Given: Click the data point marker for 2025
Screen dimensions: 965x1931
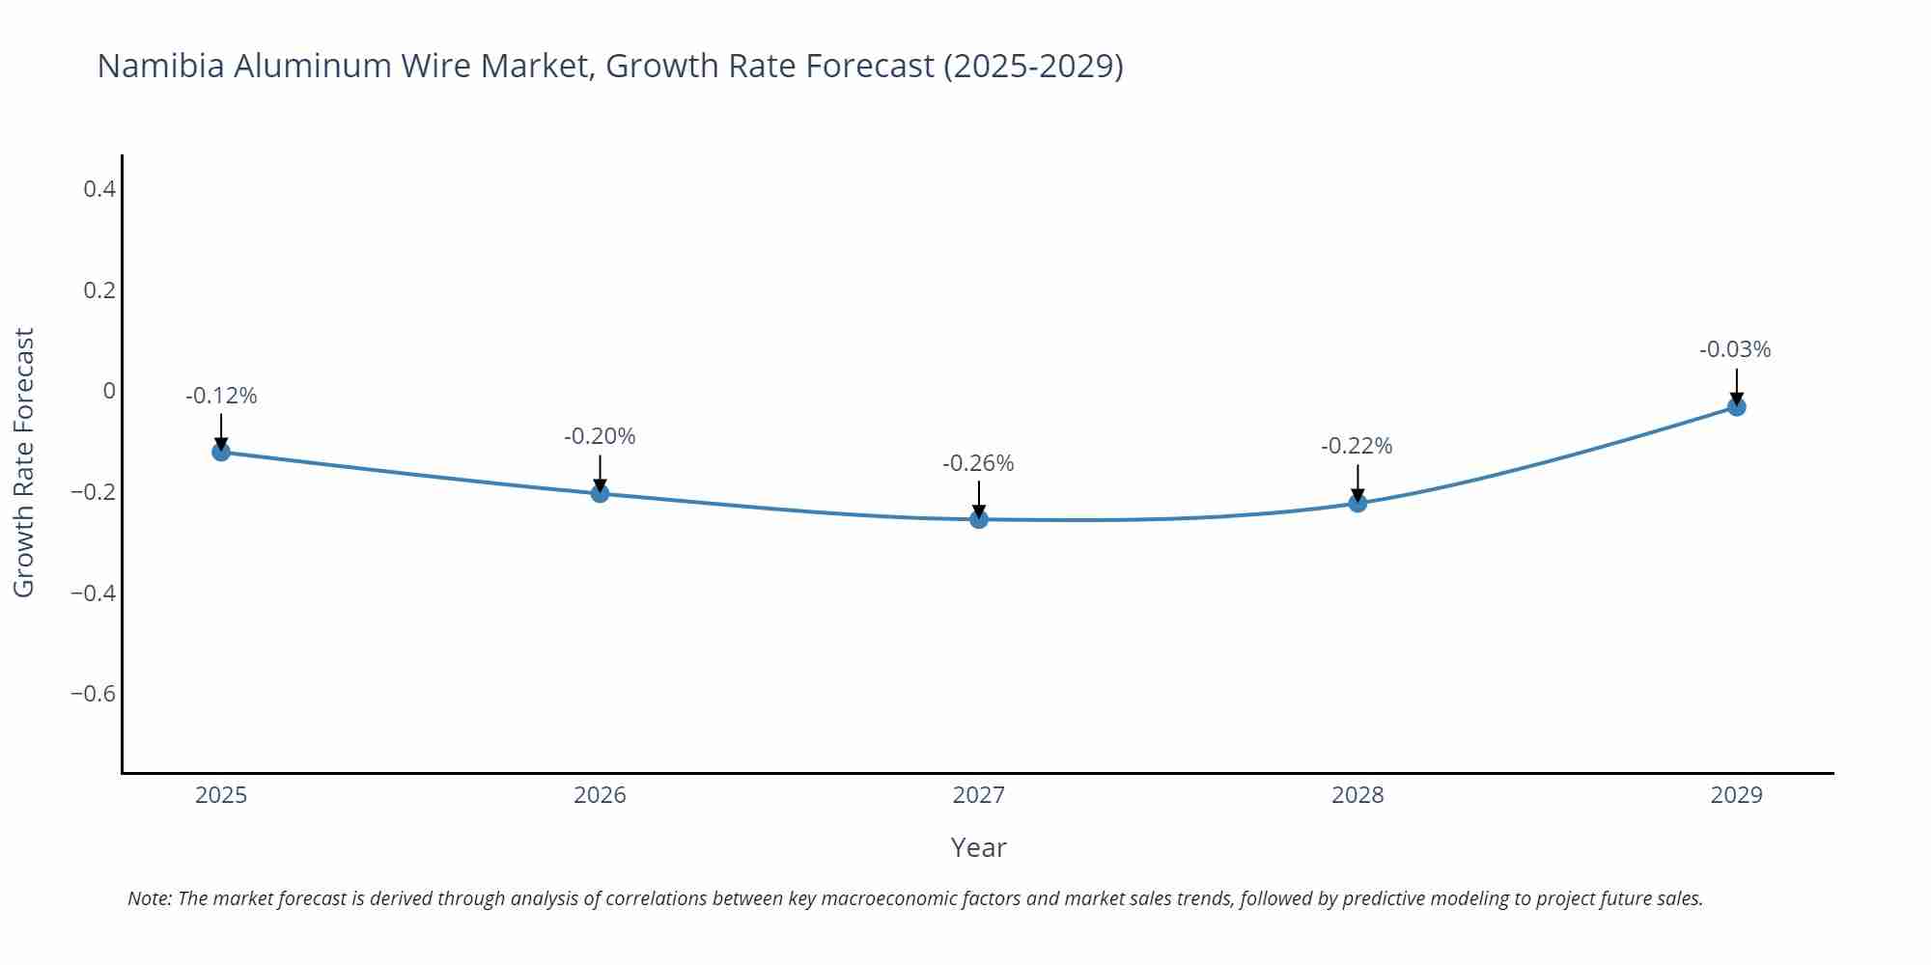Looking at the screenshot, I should pos(221,451).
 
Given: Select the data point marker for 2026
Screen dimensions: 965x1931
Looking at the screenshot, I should pos(600,493).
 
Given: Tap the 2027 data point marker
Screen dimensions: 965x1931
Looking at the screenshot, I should pos(979,519).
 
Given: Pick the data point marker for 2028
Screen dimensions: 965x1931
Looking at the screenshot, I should pos(1357,503).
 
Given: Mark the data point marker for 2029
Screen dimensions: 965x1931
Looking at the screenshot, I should pos(1736,406).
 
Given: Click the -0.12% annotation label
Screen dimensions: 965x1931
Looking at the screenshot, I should pos(221,396).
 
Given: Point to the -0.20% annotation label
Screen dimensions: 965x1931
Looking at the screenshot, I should pos(600,436).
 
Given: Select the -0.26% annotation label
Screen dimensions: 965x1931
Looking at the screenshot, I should pos(978,463).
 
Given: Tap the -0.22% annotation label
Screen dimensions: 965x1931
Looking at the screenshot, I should pos(1357,446).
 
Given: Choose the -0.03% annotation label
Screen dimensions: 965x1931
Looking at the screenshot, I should pos(1735,349).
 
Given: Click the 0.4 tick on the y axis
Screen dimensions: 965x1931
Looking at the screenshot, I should pos(99,189).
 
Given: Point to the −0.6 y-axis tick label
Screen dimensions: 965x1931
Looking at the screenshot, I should pos(93,694).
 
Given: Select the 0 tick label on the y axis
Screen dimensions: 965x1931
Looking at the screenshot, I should pos(109,391).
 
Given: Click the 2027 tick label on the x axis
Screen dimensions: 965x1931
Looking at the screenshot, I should pos(978,795).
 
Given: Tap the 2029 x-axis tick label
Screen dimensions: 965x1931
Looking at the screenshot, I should pos(1736,795).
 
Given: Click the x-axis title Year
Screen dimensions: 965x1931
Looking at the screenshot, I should pos(978,847).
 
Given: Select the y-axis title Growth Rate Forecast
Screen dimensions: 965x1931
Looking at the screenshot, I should pos(24,462).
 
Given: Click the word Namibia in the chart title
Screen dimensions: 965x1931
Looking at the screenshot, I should pos(160,66).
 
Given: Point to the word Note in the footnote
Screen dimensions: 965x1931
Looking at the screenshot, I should pos(149,898).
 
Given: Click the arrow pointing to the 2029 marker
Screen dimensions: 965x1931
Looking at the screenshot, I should pos(1736,386).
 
